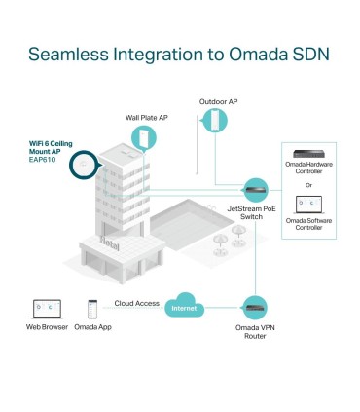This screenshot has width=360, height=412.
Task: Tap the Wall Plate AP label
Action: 146,117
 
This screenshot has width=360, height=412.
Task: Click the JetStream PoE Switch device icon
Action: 255,187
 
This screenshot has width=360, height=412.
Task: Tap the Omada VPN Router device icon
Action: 255,306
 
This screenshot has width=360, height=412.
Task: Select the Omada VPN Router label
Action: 255,331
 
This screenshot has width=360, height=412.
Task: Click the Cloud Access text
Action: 136,303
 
